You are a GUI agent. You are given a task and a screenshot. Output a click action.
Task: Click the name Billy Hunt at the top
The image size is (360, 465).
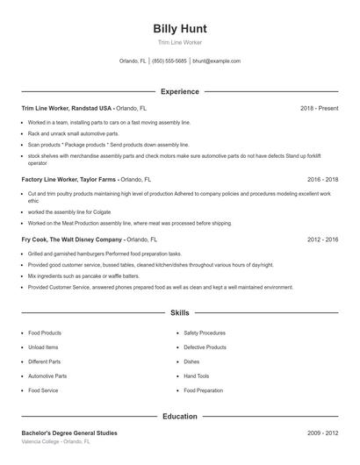180,28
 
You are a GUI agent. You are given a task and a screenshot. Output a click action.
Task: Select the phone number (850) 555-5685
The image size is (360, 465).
169,61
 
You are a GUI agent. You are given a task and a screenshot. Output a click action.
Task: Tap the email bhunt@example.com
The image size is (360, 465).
216,61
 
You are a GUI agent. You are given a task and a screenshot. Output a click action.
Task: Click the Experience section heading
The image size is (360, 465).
180,91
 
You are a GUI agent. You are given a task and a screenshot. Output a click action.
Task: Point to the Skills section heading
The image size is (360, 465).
180,312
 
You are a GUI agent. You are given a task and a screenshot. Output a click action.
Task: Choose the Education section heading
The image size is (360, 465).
180,417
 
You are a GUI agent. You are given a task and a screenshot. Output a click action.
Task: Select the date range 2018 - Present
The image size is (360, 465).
319,108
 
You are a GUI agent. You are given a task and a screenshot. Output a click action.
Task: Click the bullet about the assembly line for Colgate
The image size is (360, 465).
63,211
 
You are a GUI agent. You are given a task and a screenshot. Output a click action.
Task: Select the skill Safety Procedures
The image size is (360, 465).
205,333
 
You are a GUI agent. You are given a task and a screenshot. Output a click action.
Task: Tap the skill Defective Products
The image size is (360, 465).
206,347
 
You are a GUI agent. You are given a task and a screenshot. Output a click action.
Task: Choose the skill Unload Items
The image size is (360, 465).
44,347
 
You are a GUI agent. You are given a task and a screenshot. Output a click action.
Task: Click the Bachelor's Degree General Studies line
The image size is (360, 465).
69,433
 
